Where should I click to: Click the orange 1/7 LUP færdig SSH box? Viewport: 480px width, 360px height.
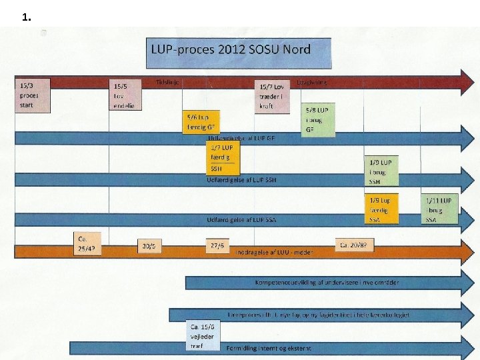223,158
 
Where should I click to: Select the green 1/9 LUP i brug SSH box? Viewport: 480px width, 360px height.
381,171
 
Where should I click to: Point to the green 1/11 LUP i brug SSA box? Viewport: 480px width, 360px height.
439,209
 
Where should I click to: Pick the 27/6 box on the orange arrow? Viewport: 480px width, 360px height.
218,245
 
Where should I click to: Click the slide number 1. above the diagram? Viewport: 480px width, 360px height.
27,18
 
